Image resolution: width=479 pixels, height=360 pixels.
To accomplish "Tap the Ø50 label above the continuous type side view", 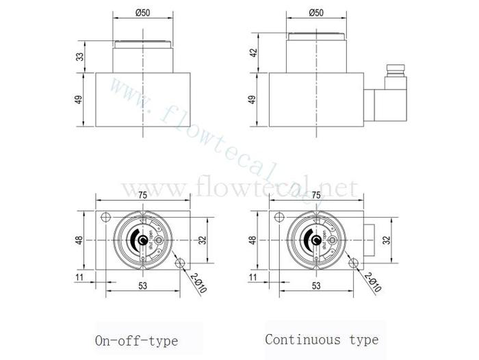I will coord(317,12).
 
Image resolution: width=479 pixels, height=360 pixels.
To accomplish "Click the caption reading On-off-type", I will coord(136,340).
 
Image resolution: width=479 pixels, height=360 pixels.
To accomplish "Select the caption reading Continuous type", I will coord(321,339).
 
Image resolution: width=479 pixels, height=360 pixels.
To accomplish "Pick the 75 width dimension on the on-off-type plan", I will coord(142,195).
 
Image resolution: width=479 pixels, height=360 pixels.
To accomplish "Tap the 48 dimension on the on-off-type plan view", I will coord(79,240).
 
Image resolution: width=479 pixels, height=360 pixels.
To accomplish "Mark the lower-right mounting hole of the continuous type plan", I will coord(354,263).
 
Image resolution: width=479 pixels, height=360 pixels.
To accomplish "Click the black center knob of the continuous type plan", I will coord(317,241).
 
